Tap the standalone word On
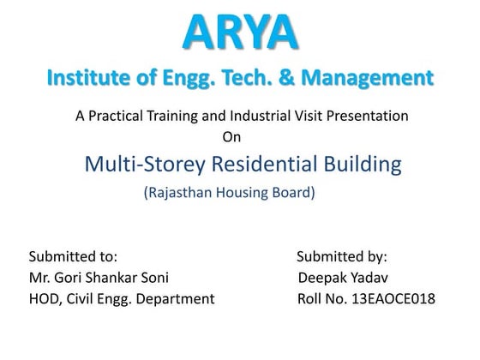point(231,135)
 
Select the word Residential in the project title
point(261,163)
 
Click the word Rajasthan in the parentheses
point(180,194)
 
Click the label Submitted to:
point(73,255)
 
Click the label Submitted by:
point(342,255)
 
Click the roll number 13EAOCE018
point(391,299)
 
